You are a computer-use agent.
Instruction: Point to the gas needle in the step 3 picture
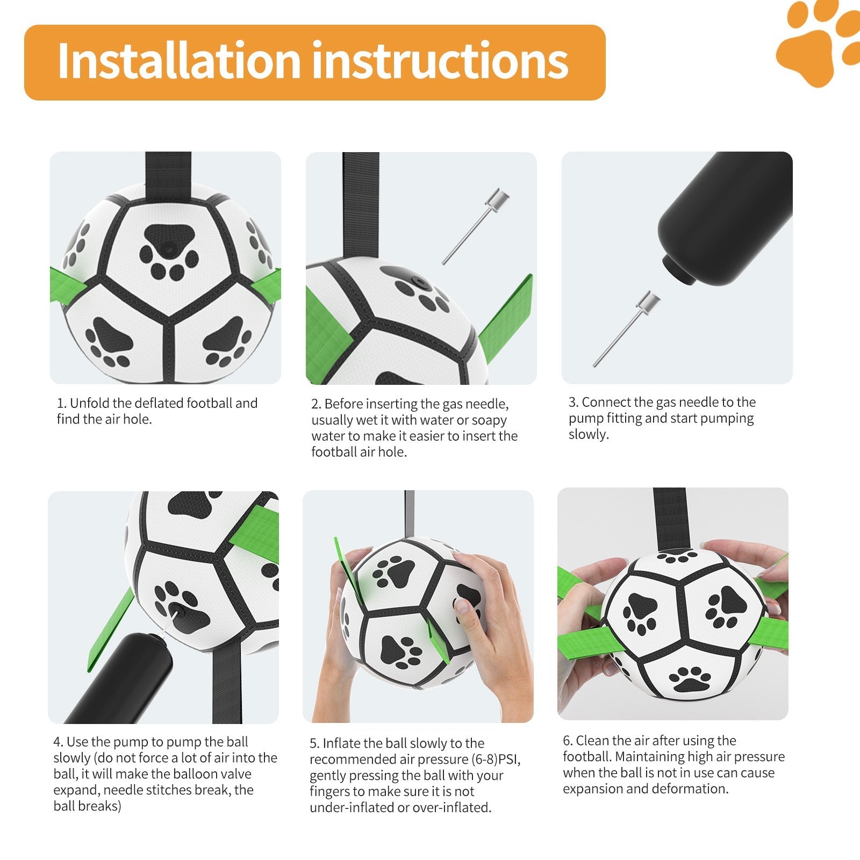627,329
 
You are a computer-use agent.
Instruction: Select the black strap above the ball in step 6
670,519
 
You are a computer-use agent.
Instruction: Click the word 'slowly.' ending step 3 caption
589,434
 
